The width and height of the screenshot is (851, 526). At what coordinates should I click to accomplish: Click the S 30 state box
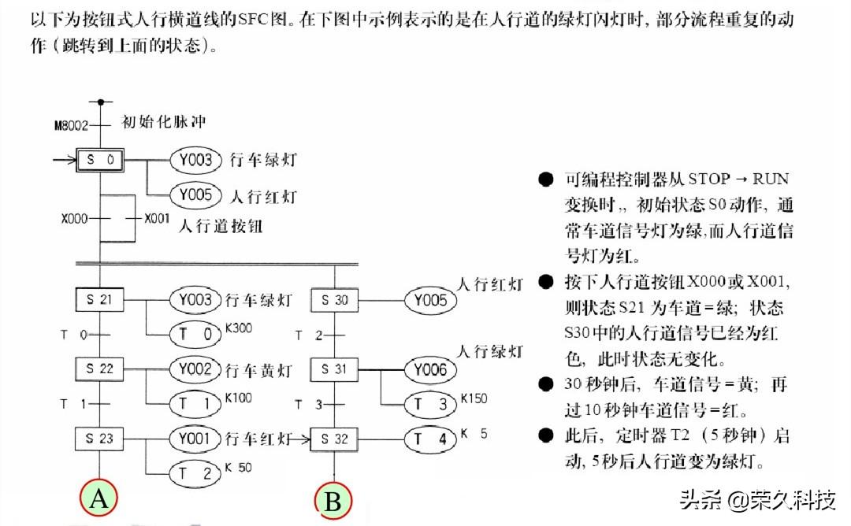[x=336, y=300]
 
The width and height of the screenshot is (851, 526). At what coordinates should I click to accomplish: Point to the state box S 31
[x=336, y=369]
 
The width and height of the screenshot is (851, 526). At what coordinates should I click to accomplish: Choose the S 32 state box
[x=336, y=439]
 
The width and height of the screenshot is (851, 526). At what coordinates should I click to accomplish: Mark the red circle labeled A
[x=99, y=498]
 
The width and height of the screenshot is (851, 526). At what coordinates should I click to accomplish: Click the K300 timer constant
[x=239, y=327]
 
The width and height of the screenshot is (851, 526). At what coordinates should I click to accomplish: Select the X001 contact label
[x=157, y=218]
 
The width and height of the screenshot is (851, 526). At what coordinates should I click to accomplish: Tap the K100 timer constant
[x=239, y=398]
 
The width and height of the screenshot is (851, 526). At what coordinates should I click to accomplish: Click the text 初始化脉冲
[x=163, y=122]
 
